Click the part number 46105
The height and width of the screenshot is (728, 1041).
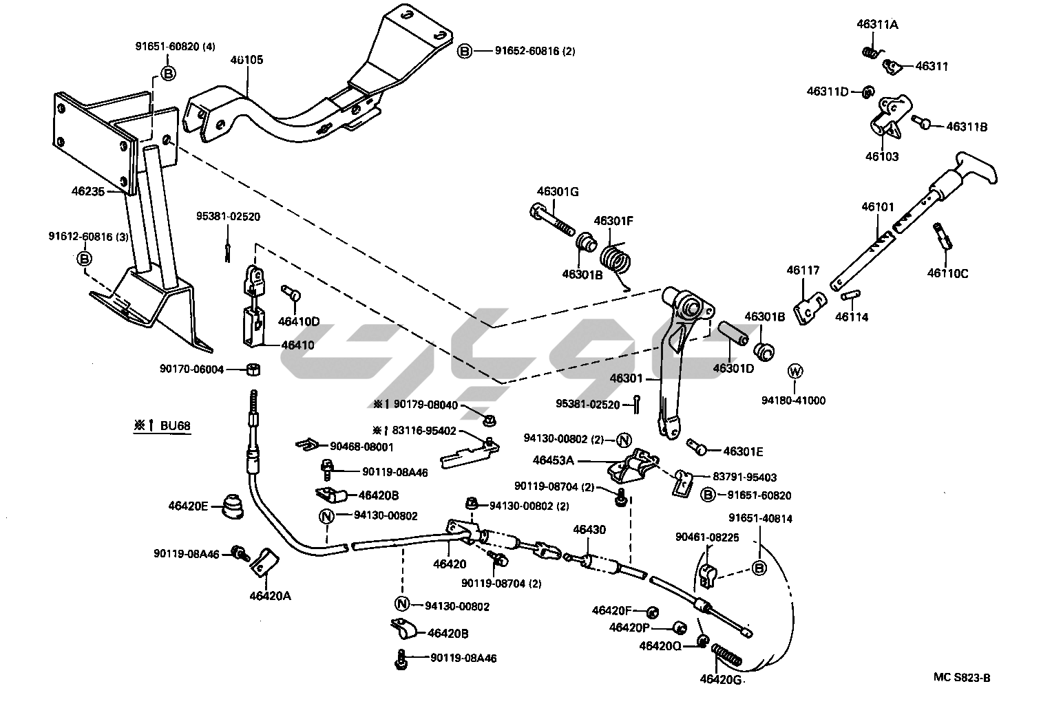click(246, 60)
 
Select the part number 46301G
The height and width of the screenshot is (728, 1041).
click(557, 191)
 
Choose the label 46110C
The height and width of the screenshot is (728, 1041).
click(947, 273)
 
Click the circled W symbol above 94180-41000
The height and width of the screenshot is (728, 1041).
click(795, 372)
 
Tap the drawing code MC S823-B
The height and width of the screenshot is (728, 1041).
click(962, 678)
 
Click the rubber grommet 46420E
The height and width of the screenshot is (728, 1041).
click(232, 508)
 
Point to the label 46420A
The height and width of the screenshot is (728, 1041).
click(270, 596)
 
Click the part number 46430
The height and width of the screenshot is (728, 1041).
click(589, 529)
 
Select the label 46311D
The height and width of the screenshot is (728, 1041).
click(828, 91)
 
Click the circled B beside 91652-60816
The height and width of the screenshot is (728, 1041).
click(465, 51)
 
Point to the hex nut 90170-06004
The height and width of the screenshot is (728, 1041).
click(253, 370)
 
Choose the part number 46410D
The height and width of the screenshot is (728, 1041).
click(299, 321)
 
